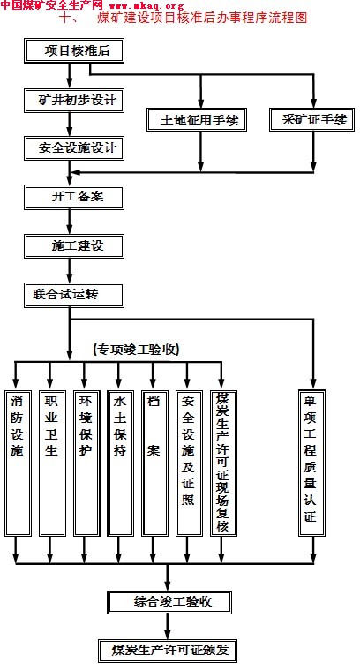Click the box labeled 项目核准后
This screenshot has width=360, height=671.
(74, 51)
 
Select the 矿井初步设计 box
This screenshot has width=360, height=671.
(74, 100)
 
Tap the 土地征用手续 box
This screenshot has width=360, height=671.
(197, 119)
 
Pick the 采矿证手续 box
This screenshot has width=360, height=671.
(312, 119)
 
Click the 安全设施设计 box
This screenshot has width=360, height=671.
(74, 148)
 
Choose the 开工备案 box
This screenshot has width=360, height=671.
(74, 197)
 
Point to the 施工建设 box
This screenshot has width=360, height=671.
(74, 246)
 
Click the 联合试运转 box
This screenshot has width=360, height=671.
(74, 295)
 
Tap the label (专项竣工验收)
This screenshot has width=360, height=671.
(136, 350)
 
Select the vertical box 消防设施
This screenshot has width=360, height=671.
(17, 463)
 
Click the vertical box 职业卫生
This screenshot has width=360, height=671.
(51, 463)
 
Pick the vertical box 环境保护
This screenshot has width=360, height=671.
(86, 463)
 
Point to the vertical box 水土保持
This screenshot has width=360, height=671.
(120, 463)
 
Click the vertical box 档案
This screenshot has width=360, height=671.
(154, 463)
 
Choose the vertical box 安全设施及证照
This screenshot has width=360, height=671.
(189, 463)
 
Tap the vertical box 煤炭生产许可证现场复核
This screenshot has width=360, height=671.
(223, 463)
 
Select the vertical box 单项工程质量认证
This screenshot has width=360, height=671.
(311, 463)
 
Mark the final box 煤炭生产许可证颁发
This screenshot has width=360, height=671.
(167, 651)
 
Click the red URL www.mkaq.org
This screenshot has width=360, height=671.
(146, 6)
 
